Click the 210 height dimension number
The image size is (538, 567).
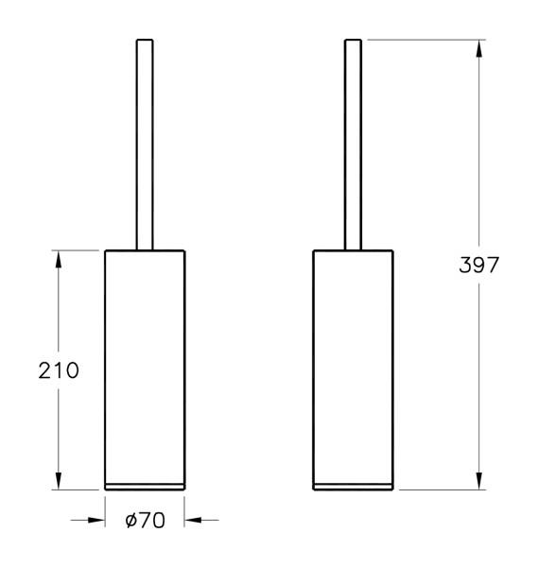coord(59,369)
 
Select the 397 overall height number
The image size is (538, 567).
coord(478,266)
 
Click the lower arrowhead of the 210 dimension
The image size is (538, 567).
coord(59,481)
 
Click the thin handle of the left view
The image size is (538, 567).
coord(144,142)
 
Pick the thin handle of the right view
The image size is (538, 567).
coord(353,142)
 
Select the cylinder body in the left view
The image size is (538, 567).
coord(144,364)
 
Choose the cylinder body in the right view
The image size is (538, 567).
coord(353,364)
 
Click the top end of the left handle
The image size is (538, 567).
coord(144,41)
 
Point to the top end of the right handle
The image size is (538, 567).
coord(353,41)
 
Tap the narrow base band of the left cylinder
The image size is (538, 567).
coord(144,486)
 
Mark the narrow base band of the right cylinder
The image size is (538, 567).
coord(353,486)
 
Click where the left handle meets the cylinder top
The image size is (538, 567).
coord(144,249)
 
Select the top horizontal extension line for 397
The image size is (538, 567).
coord(425,39)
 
